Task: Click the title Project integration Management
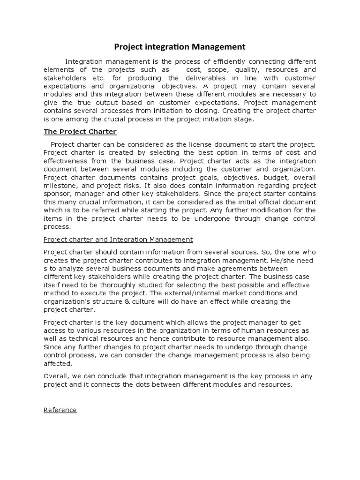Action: point(180,47)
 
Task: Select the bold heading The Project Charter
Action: point(80,132)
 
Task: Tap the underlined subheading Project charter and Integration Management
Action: point(118,239)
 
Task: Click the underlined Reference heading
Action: point(60,410)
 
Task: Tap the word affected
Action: point(58,363)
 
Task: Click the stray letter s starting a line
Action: point(45,268)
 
